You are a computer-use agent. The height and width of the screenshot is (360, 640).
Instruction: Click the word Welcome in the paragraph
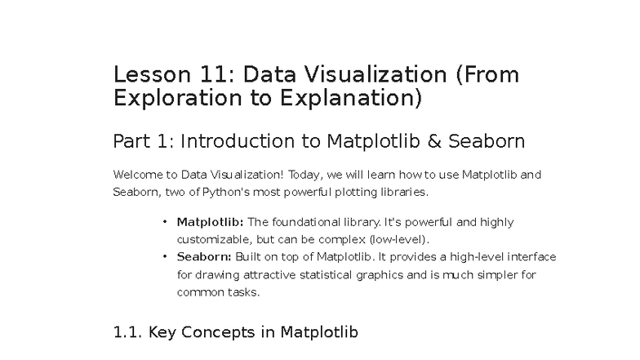137,175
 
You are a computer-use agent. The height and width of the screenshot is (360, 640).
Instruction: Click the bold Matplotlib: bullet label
210,222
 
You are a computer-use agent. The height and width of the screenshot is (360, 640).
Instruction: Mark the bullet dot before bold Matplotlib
164,222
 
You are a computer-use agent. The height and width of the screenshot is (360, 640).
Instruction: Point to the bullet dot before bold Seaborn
164,256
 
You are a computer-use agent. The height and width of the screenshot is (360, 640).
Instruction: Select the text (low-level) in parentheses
398,239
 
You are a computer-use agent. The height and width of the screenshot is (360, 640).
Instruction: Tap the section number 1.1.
128,332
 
